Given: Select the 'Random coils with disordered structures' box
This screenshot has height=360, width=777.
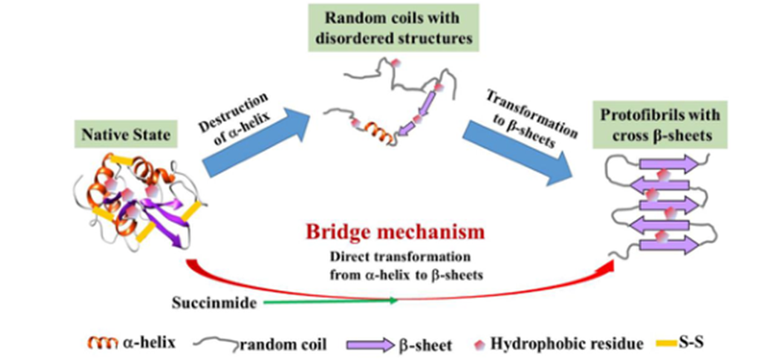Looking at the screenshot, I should coord(393,25).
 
